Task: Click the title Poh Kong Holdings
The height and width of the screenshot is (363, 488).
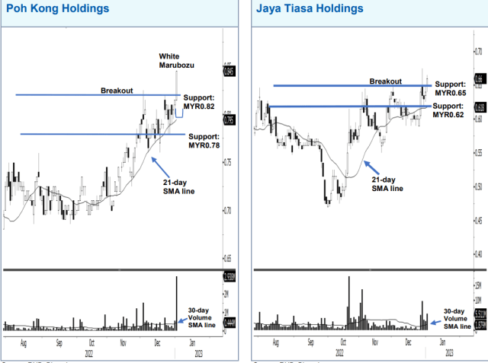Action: pyautogui.click(x=56, y=9)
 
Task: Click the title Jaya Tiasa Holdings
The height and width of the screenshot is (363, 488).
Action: pyautogui.click(x=308, y=9)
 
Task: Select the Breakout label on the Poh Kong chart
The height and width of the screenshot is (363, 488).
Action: pyautogui.click(x=117, y=91)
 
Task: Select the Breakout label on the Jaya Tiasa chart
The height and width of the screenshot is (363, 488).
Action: pyautogui.click(x=385, y=81)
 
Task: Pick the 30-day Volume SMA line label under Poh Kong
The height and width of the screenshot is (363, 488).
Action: pyautogui.click(x=201, y=317)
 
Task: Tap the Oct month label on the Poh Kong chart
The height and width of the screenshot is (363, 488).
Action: pyautogui.click(x=91, y=343)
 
